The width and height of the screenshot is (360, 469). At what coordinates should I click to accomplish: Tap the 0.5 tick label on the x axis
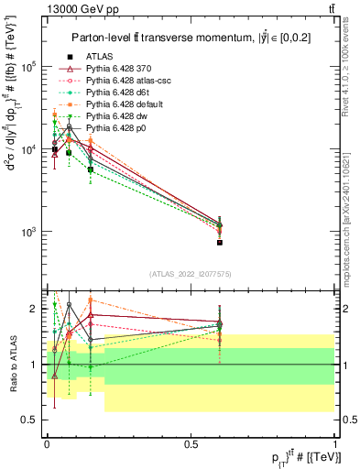(191, 443)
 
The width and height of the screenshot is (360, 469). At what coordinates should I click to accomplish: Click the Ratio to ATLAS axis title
(11, 364)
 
